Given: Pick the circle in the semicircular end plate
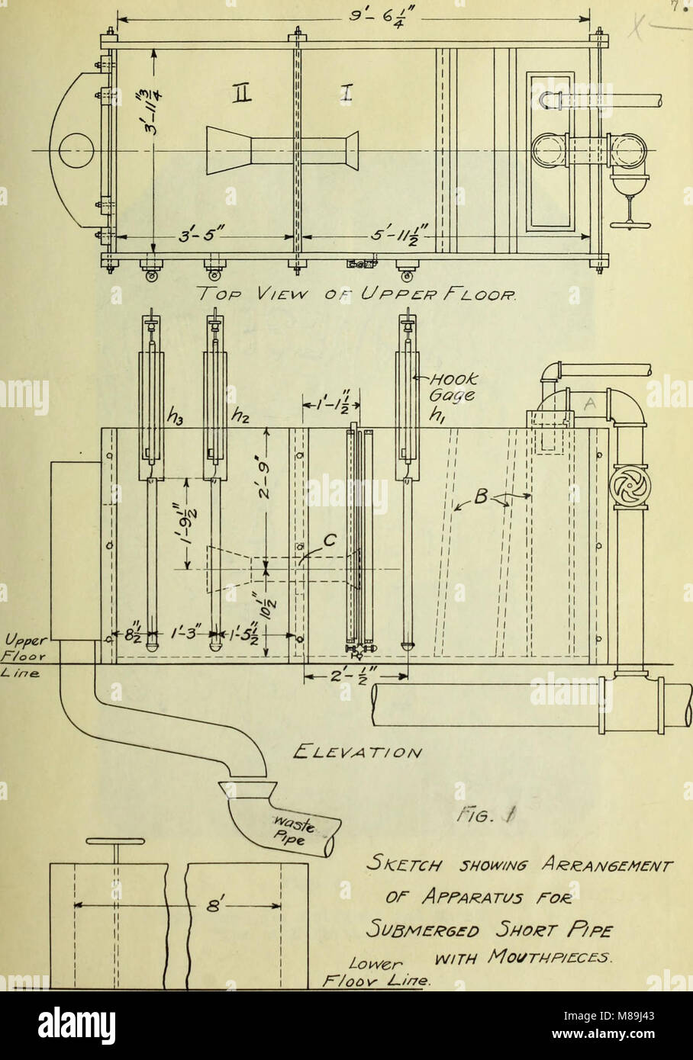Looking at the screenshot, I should (75, 149).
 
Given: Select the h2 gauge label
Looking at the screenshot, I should (241, 416).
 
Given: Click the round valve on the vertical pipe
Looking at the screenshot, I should (629, 484).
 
